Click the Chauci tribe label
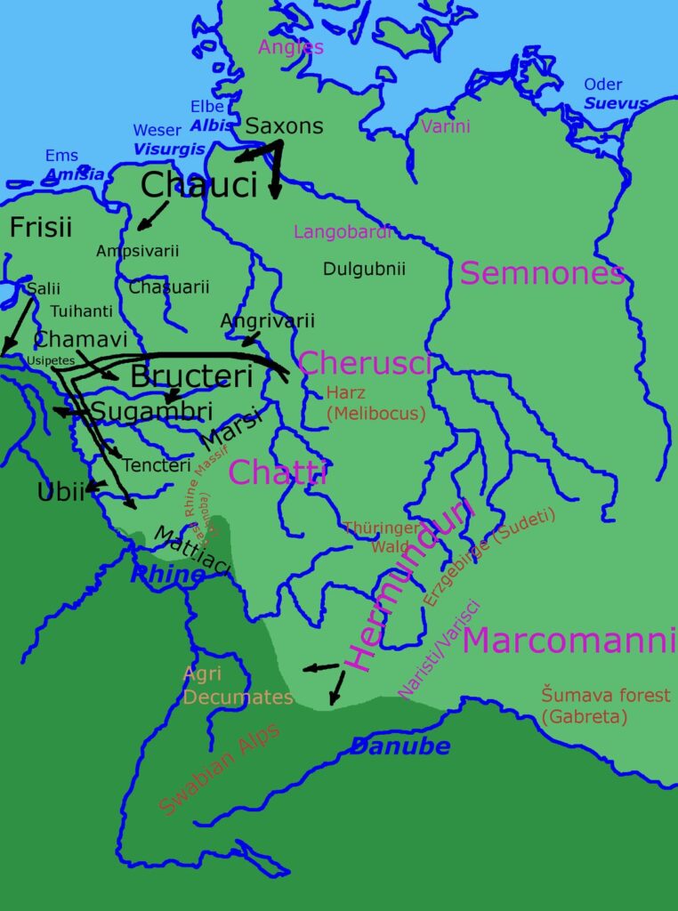[x=198, y=185]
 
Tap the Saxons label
[x=284, y=126]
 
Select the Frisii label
[x=40, y=228]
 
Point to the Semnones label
[x=542, y=274]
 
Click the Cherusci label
[x=365, y=363]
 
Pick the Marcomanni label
[x=564, y=640]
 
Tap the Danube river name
[x=400, y=746]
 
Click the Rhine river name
[x=167, y=575]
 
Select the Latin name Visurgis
[x=169, y=149]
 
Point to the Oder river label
[x=602, y=85]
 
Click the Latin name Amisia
[x=75, y=174]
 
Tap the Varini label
[x=445, y=126]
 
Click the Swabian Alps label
[x=219, y=770]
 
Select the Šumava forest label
[x=605, y=695]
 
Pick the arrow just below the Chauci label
[x=153, y=214]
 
